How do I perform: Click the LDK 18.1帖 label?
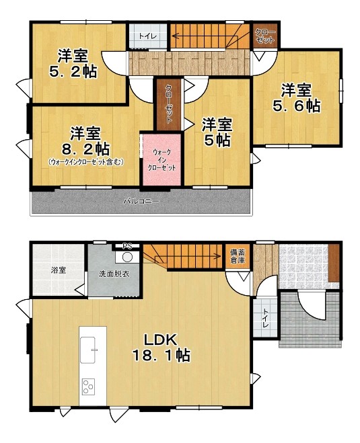coord(161,348)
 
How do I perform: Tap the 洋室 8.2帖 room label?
coord(85,141)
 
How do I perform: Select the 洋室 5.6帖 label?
coord(296,98)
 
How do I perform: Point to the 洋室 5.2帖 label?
coord(73,64)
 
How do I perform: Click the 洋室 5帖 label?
coord(217,132)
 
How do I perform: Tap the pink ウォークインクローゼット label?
coord(162,160)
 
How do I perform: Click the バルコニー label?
coord(141,202)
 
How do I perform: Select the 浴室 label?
coord(59,270)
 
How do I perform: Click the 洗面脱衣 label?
coord(114,274)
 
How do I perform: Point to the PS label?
coord(127,246)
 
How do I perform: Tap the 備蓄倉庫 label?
coord(238,256)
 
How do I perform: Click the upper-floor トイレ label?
coord(147,36)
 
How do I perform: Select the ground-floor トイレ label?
coord(266,318)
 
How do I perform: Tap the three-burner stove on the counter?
coord(89,387)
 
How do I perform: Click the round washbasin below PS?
coord(127,257)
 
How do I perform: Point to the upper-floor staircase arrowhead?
coord(174,36)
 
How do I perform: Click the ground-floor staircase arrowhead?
coord(218,257)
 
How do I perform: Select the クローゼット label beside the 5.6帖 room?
coord(265,36)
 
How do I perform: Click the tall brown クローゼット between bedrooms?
coord(168,105)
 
